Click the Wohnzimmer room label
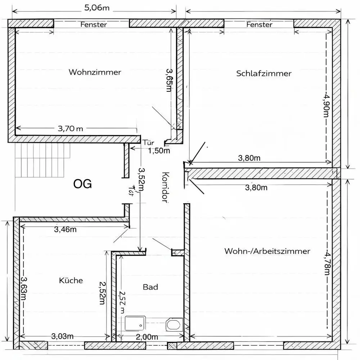(x=95, y=72)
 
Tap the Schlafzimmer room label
(x=264, y=73)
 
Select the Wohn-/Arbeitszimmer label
(x=267, y=251)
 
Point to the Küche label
(x=71, y=280)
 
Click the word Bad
(x=150, y=287)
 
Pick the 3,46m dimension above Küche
(x=65, y=229)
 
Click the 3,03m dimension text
(x=62, y=336)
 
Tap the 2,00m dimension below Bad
(x=147, y=337)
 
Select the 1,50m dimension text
(x=159, y=150)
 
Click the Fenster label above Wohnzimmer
(x=94, y=24)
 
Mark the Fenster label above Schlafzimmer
(x=259, y=24)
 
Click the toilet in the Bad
(x=174, y=324)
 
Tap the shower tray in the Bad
(x=135, y=323)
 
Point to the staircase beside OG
(x=43, y=160)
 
